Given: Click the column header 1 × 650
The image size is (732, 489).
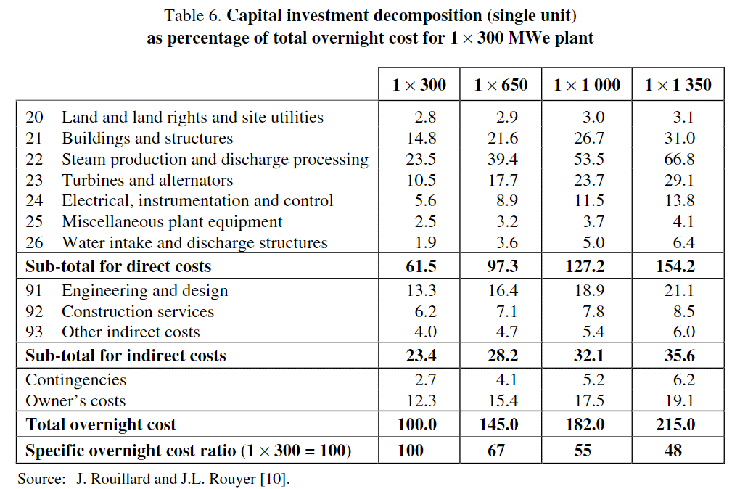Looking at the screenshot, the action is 501,85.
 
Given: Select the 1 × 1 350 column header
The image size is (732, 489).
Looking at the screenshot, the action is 678,85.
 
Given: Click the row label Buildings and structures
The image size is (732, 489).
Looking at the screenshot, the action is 147,139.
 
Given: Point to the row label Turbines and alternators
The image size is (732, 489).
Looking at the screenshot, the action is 147,180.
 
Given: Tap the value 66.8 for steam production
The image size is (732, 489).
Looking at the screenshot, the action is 679,160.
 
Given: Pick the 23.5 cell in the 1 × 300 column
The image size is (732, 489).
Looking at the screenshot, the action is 421,160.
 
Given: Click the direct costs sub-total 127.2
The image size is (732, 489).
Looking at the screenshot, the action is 585,266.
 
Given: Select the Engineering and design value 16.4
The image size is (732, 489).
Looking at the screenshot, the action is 503,290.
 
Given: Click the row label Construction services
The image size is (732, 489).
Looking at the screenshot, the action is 138,311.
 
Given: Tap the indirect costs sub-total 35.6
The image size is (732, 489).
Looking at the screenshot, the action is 680,356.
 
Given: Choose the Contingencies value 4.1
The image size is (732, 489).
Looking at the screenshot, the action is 507,379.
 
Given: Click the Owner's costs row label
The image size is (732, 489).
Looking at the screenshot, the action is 75,400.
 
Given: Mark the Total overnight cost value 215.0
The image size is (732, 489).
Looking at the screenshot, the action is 675,424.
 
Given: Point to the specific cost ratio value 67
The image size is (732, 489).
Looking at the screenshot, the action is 495,451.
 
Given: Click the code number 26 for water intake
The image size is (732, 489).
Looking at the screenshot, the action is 34,242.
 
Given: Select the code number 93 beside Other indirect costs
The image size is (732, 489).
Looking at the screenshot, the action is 34,332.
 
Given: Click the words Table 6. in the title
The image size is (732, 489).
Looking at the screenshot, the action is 192,15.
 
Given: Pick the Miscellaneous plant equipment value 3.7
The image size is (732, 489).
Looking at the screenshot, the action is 593,221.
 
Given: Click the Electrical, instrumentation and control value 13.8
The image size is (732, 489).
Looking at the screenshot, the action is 680,201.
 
